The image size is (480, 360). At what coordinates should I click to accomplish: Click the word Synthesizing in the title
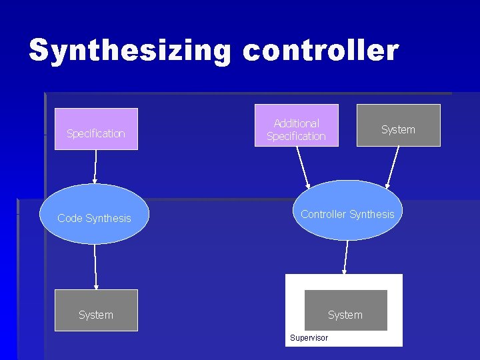[130, 51]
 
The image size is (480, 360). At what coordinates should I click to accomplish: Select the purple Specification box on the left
[96, 129]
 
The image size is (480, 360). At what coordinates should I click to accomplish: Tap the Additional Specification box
[296, 125]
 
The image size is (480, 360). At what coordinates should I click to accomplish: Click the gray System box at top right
[398, 125]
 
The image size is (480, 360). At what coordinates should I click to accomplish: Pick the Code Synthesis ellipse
[95, 214]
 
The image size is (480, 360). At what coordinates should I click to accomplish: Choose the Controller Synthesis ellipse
[347, 210]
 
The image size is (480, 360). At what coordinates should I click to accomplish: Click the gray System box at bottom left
[96, 310]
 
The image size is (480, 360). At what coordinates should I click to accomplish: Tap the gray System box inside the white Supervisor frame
[345, 310]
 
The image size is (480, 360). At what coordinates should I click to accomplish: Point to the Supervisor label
[309, 338]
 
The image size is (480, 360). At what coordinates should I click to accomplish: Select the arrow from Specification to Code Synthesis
[95, 167]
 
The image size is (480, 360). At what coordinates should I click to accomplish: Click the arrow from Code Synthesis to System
[95, 267]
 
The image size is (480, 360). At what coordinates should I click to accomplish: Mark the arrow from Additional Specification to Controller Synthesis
[303, 167]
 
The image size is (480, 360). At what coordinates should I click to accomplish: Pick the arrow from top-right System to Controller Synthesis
[393, 167]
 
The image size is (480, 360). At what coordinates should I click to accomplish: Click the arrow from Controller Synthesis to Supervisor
[345, 257]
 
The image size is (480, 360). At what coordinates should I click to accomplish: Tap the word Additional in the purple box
[297, 123]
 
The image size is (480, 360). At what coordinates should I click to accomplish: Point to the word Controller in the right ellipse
[323, 214]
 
